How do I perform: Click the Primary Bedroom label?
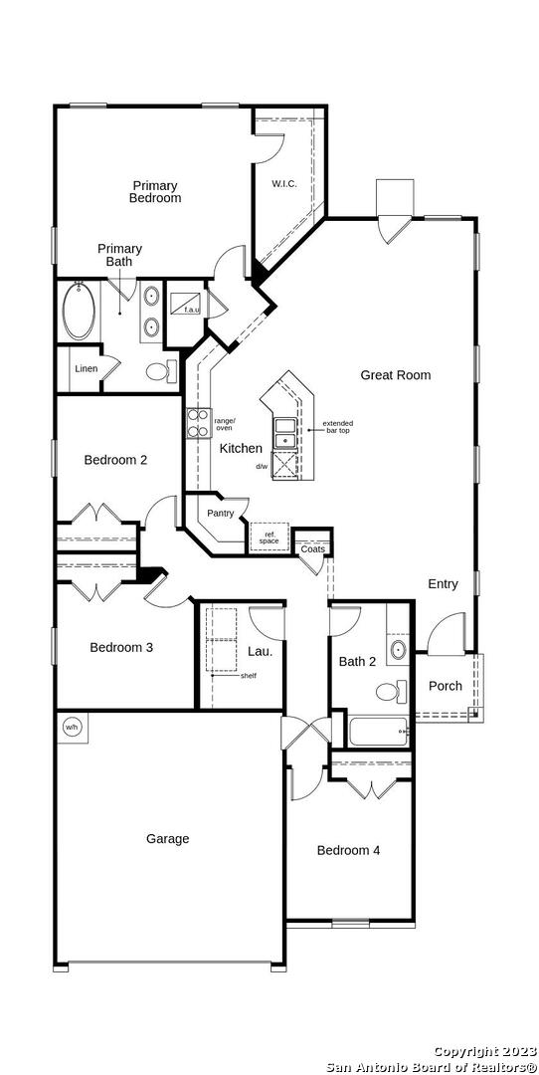coord(155,192)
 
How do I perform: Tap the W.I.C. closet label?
coord(284,184)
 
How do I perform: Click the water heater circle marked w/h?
coord(72,727)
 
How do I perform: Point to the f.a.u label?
coord(192,310)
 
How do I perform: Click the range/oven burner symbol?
coord(199,422)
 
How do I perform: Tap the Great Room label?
coord(396,375)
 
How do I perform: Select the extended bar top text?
coord(338,426)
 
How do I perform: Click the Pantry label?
coord(221,513)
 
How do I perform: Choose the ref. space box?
coord(269,537)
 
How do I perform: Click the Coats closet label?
coord(313,549)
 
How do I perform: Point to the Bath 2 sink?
coord(397,649)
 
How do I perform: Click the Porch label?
coord(446,686)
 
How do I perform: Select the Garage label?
coord(168,838)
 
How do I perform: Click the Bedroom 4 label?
coord(349,850)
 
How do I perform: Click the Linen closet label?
coord(87,369)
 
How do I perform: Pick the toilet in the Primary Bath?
coord(161,371)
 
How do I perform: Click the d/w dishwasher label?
coord(263,466)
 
